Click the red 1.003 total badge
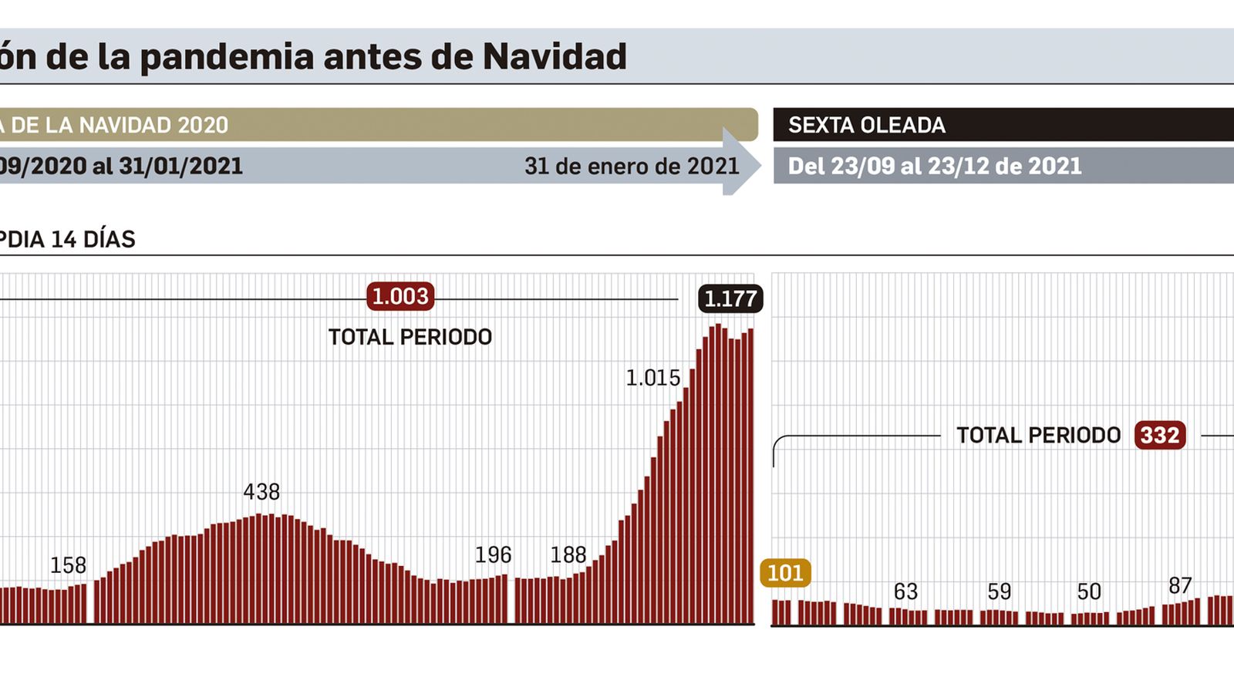point(400,297)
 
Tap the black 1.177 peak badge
point(730,299)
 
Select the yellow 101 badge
point(785,573)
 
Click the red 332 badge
point(1160,436)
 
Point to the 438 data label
point(261,492)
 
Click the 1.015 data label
point(652,378)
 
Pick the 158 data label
point(68,565)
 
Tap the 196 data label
point(493,555)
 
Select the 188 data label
point(568,555)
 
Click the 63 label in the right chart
point(905,592)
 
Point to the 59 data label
point(999,592)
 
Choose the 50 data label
point(1089,592)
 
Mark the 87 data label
point(1180,586)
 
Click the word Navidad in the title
point(555,57)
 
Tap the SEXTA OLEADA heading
point(866,126)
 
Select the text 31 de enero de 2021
point(631,167)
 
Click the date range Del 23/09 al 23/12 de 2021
point(935,167)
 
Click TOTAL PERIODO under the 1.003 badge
point(410,338)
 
